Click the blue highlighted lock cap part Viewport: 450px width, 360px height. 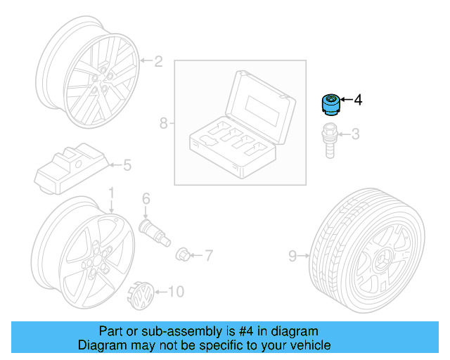tap(329, 104)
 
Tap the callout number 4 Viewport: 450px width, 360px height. tap(358, 100)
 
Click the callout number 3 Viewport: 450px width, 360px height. tap(355, 133)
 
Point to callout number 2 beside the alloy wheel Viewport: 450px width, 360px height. tap(158, 62)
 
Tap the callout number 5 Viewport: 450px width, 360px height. tap(127, 165)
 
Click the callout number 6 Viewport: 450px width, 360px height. tap(146, 198)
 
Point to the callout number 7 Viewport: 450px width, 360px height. tap(208, 253)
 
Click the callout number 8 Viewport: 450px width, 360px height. tap(163, 124)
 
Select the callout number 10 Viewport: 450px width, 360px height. tap(176, 290)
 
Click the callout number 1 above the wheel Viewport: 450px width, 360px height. tap(110, 192)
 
